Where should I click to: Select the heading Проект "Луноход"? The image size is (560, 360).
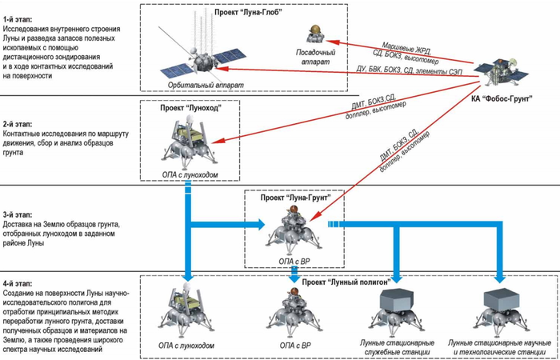click(190, 108)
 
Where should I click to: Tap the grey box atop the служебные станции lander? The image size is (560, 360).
click(397, 299)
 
